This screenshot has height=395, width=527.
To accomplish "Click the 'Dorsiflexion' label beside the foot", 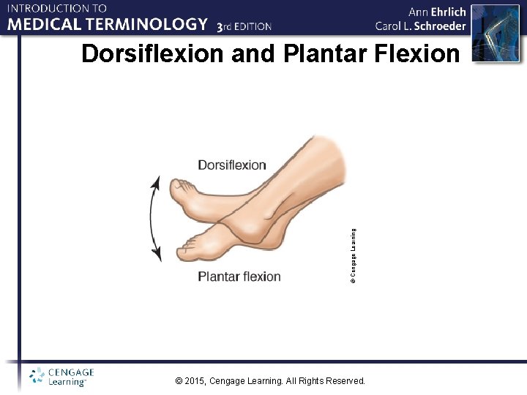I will click(231, 165).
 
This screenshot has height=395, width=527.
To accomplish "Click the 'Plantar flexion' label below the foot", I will click(239, 276).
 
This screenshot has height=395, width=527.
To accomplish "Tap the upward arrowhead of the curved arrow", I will click(156, 181).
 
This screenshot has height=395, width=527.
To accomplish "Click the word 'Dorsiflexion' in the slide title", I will click(153, 55).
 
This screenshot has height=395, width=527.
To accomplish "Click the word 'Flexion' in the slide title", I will click(416, 55).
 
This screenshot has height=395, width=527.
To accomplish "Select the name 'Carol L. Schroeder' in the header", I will click(420, 26).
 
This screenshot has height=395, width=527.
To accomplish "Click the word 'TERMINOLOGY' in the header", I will click(152, 25).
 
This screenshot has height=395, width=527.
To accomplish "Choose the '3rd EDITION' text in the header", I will click(244, 26).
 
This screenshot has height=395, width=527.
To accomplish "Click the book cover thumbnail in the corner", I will click(494, 32).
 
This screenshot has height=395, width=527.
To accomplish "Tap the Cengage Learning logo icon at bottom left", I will click(37, 377).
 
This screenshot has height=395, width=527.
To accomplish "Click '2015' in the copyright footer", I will click(195, 381).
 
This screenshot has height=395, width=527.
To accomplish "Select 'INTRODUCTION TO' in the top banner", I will click(57, 9).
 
